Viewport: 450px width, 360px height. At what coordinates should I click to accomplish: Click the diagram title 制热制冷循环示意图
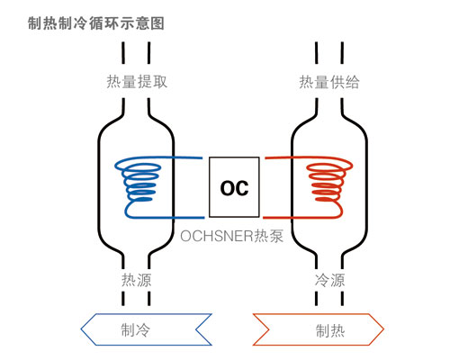pyautogui.click(x=96, y=23)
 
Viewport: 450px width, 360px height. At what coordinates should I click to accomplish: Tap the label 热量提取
pyautogui.click(x=137, y=82)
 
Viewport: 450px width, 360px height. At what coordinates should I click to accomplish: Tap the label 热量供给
pyautogui.click(x=329, y=82)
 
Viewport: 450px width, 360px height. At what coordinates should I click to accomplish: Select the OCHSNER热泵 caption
pyautogui.click(x=231, y=236)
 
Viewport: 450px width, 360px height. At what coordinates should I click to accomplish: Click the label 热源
pyautogui.click(x=136, y=280)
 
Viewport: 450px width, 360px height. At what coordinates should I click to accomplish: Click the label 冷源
pyautogui.click(x=329, y=280)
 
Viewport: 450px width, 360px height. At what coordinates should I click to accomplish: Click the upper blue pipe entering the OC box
pyautogui.click(x=187, y=157)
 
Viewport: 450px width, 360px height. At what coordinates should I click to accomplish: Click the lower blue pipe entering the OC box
pyautogui.click(x=189, y=217)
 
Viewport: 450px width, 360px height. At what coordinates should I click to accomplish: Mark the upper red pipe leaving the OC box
pyautogui.click(x=278, y=157)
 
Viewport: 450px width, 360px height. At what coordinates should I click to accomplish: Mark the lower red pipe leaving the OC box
pyautogui.click(x=277, y=217)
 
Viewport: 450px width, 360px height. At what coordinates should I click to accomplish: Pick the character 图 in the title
pyautogui.click(x=157, y=23)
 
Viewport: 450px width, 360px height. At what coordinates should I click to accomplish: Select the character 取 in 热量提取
pyautogui.click(x=160, y=82)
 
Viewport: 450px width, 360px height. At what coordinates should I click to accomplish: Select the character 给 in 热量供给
pyautogui.click(x=352, y=82)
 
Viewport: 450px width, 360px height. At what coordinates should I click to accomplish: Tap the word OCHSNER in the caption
pyautogui.click(x=217, y=236)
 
